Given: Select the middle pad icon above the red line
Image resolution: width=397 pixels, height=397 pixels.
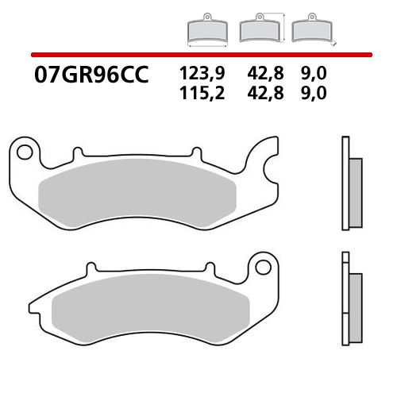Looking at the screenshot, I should pos(258,31).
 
